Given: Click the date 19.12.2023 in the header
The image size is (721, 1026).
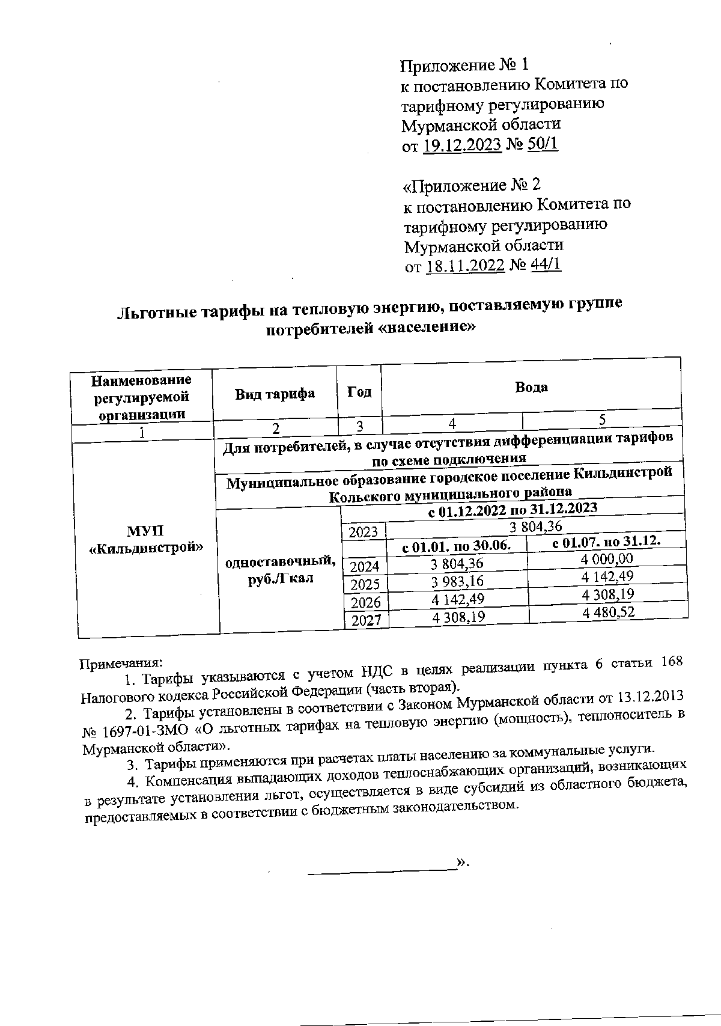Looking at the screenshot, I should [462, 145].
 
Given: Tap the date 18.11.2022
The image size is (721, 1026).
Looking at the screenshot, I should [464, 266].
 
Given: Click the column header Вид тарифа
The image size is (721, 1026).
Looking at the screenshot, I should [275, 394].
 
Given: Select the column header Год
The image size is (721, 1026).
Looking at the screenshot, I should [359, 392].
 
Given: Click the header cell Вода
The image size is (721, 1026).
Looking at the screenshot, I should [531, 387].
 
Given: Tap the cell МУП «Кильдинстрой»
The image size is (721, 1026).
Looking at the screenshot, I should [145, 539].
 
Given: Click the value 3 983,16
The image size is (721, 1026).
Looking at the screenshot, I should [457, 581].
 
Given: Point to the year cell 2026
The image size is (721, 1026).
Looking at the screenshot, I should [365, 602].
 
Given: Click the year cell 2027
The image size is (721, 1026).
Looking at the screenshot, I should [366, 620].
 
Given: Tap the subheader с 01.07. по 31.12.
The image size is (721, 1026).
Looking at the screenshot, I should [606, 542].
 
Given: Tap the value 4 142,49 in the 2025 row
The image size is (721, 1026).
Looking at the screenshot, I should [608, 576].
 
